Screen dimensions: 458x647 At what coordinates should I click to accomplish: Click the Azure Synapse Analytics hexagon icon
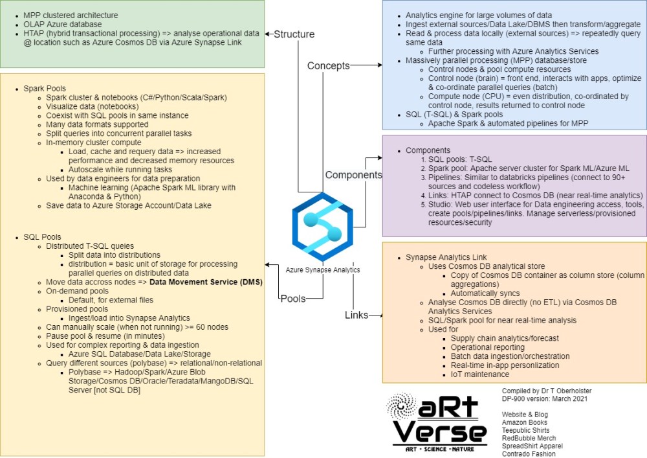(x=322, y=227)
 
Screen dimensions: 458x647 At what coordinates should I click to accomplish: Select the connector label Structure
(x=294, y=34)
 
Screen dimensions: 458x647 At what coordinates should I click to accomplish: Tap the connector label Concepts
(x=328, y=65)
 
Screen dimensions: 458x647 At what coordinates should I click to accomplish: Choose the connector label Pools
(x=293, y=299)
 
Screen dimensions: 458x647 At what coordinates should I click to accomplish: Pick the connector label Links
(x=356, y=315)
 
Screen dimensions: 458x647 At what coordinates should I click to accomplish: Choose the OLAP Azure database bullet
(x=63, y=23)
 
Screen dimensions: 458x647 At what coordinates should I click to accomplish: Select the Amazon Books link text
(x=524, y=422)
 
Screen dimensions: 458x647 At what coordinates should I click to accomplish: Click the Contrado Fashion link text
(x=529, y=453)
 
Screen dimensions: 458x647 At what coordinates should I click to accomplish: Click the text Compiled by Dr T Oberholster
(x=547, y=391)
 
